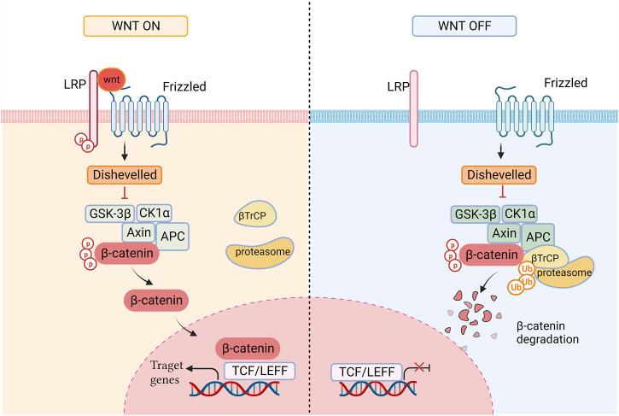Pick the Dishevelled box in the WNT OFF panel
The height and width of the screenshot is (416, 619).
[496, 174]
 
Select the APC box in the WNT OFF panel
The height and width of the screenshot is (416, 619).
[537, 235]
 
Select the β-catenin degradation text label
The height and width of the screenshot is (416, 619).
[546, 332]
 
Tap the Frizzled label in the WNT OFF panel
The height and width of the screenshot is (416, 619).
[565, 83]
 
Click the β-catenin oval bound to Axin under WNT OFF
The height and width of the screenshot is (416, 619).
[491, 255]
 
